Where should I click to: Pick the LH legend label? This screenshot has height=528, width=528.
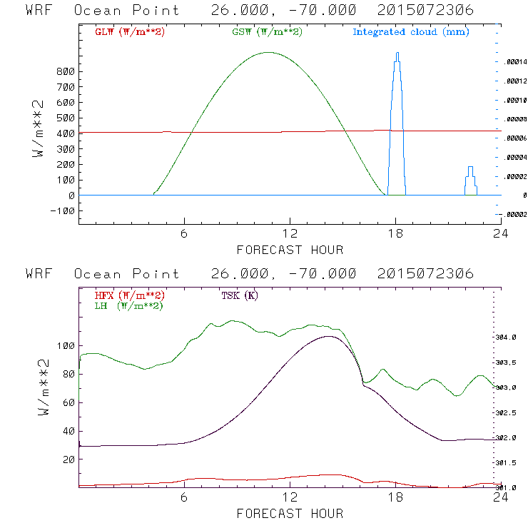(x=128, y=305)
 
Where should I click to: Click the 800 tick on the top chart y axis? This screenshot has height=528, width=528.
(x=66, y=71)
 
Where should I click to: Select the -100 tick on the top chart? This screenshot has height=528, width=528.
(x=63, y=210)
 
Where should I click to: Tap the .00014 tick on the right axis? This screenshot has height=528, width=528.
(x=516, y=62)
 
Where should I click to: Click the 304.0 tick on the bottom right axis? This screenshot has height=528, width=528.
(x=516, y=337)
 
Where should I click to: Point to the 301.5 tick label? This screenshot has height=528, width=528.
(x=516, y=463)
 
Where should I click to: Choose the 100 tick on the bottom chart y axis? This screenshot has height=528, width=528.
(x=66, y=345)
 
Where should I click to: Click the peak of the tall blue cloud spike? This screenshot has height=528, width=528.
(x=397, y=53)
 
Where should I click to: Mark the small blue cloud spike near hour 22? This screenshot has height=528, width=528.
(x=470, y=168)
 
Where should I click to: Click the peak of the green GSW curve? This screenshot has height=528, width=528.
(x=269, y=52)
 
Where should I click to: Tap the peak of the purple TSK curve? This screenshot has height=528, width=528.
(x=328, y=336)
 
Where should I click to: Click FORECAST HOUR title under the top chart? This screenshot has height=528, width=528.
(x=290, y=250)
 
